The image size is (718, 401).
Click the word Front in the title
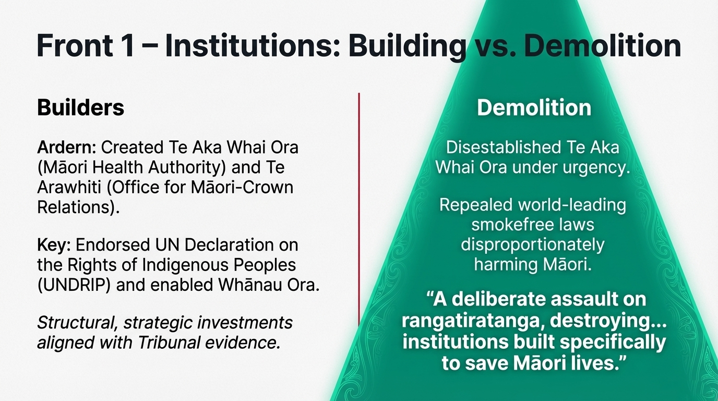pyautogui.click(x=75, y=45)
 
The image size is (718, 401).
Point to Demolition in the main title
pyautogui.click(x=603, y=45)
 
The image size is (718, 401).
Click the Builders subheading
pyautogui.click(x=80, y=108)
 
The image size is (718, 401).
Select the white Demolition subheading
pyautogui.click(x=534, y=108)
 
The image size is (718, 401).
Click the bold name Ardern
pyautogui.click(x=66, y=148)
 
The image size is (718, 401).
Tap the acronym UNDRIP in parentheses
pyautogui.click(x=74, y=285)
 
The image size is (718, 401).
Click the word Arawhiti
pyautogui.click(x=69, y=187)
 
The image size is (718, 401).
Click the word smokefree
pyautogui.click(x=511, y=225)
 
